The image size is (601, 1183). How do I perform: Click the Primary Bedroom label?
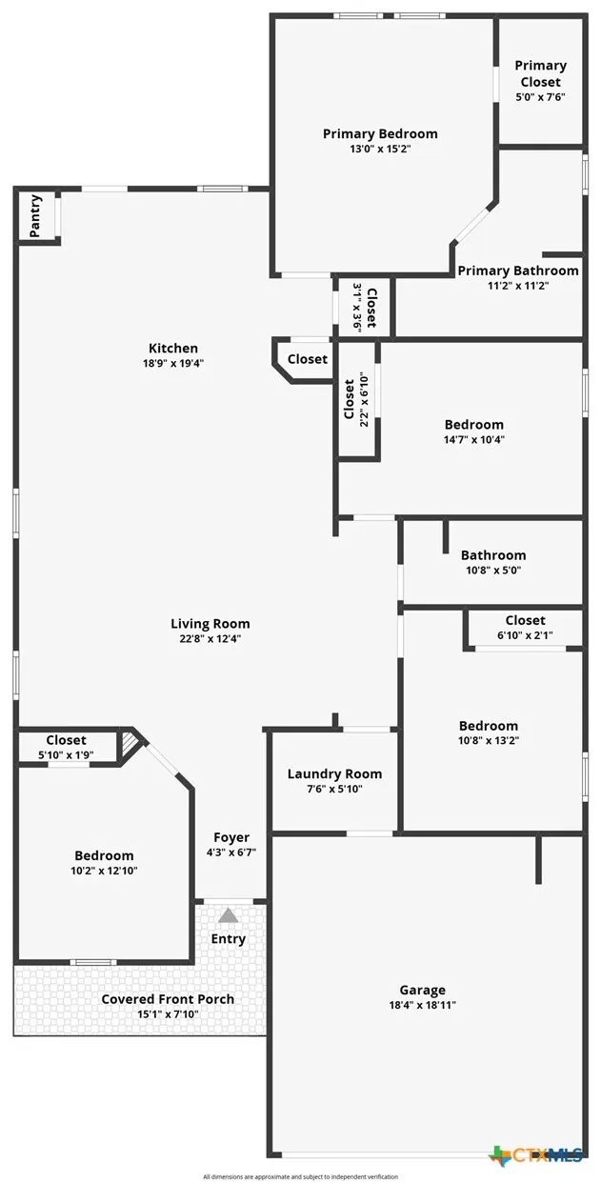coord(380,134)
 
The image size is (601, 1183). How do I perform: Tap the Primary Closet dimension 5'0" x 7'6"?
coord(540,97)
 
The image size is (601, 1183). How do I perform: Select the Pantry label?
coord(35,216)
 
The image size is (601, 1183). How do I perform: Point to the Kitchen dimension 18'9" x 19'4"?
coord(172,363)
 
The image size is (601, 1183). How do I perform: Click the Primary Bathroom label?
coord(518,271)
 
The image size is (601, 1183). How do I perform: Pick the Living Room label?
coord(210,624)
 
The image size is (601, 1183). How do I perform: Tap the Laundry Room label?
coord(334,773)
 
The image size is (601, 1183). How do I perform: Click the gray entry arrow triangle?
coord(229,915)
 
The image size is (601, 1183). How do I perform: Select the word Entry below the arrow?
coord(229,939)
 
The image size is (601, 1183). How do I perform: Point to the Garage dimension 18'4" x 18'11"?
coord(423,1005)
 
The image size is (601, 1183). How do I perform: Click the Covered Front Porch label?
coord(168,999)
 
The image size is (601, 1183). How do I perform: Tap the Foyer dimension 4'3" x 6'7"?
coord(231,852)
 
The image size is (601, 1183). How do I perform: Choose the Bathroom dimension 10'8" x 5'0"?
coord(492,571)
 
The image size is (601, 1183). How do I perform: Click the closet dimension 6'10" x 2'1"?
coord(525,635)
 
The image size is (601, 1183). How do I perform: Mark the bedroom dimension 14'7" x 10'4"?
coord(473,440)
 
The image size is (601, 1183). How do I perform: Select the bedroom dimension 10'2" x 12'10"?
coord(104,871)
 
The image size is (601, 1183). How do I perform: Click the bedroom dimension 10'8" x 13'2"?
coord(489,740)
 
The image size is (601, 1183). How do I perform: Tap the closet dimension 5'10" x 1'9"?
coord(66,754)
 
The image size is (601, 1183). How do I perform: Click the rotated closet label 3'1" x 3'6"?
coord(358,307)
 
